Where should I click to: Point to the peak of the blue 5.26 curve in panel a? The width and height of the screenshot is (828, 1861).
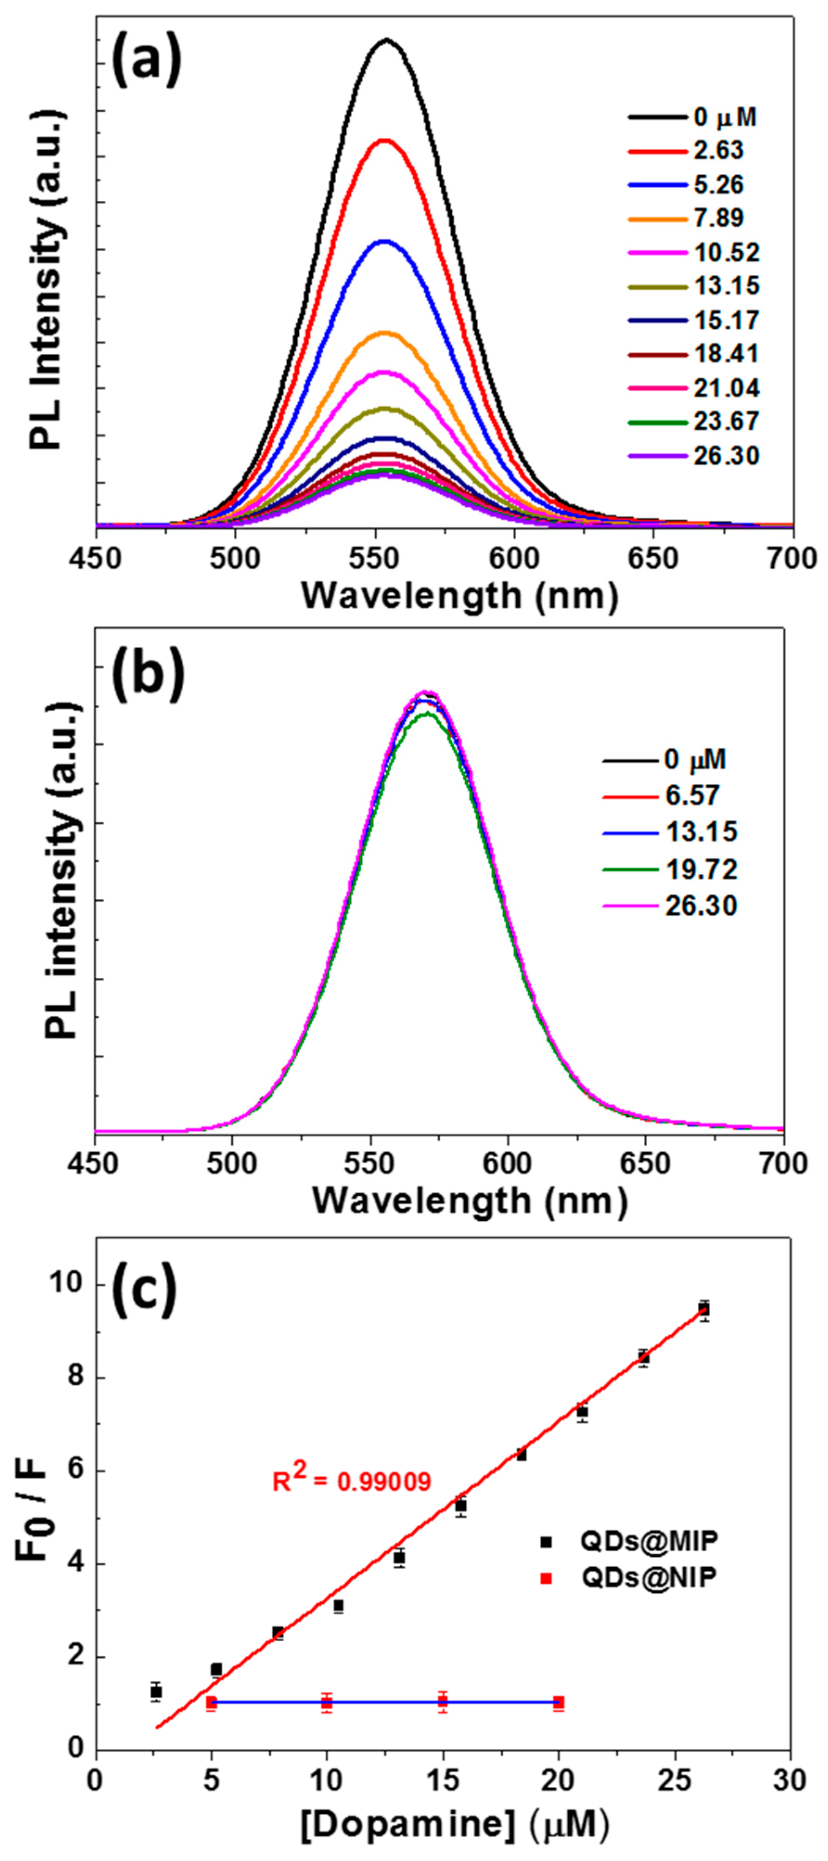click(x=385, y=241)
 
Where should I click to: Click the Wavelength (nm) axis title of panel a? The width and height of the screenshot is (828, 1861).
click(x=460, y=596)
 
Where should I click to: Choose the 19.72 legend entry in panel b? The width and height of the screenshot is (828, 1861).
click(x=701, y=869)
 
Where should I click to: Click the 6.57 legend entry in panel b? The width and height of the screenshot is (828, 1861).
click(x=692, y=795)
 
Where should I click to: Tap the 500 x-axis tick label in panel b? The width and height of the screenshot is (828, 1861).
click(x=231, y=1164)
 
